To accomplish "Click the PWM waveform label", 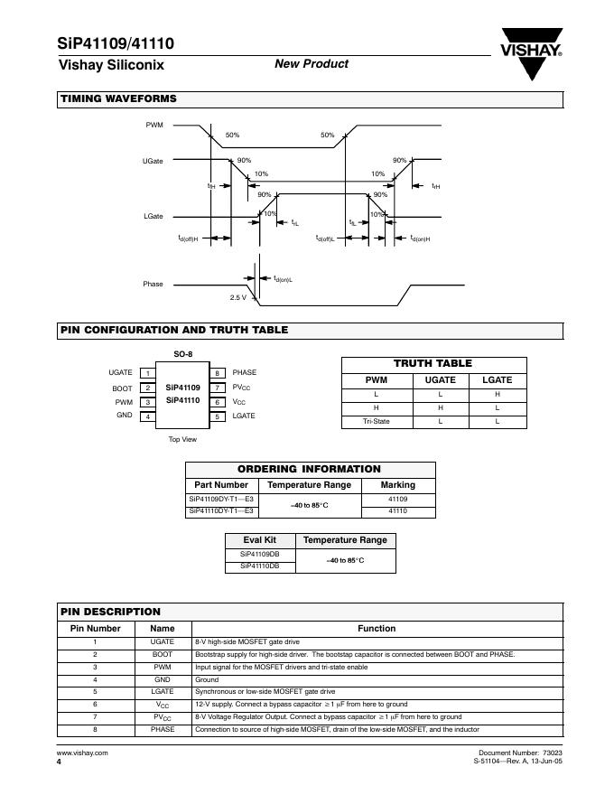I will [154, 125].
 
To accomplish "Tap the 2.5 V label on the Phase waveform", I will [237, 297].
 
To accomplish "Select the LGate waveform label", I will [153, 217].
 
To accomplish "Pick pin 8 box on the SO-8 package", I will [218, 373].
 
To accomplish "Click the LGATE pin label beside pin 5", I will [244, 416].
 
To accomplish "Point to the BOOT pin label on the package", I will [122, 388].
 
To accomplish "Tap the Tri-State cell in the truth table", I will [377, 422].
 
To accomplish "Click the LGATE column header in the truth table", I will [497, 380].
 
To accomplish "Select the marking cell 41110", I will [397, 511].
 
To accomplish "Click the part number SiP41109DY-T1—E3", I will [222, 499].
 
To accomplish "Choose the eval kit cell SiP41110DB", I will [260, 566].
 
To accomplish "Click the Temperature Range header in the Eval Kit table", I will [345, 540].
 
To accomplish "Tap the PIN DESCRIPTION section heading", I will [110, 612].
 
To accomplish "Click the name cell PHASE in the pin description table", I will [163, 729].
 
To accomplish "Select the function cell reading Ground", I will [207, 679].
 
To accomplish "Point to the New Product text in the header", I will [311, 63].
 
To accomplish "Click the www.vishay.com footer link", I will [82, 753].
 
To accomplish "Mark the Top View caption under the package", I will [182, 440].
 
